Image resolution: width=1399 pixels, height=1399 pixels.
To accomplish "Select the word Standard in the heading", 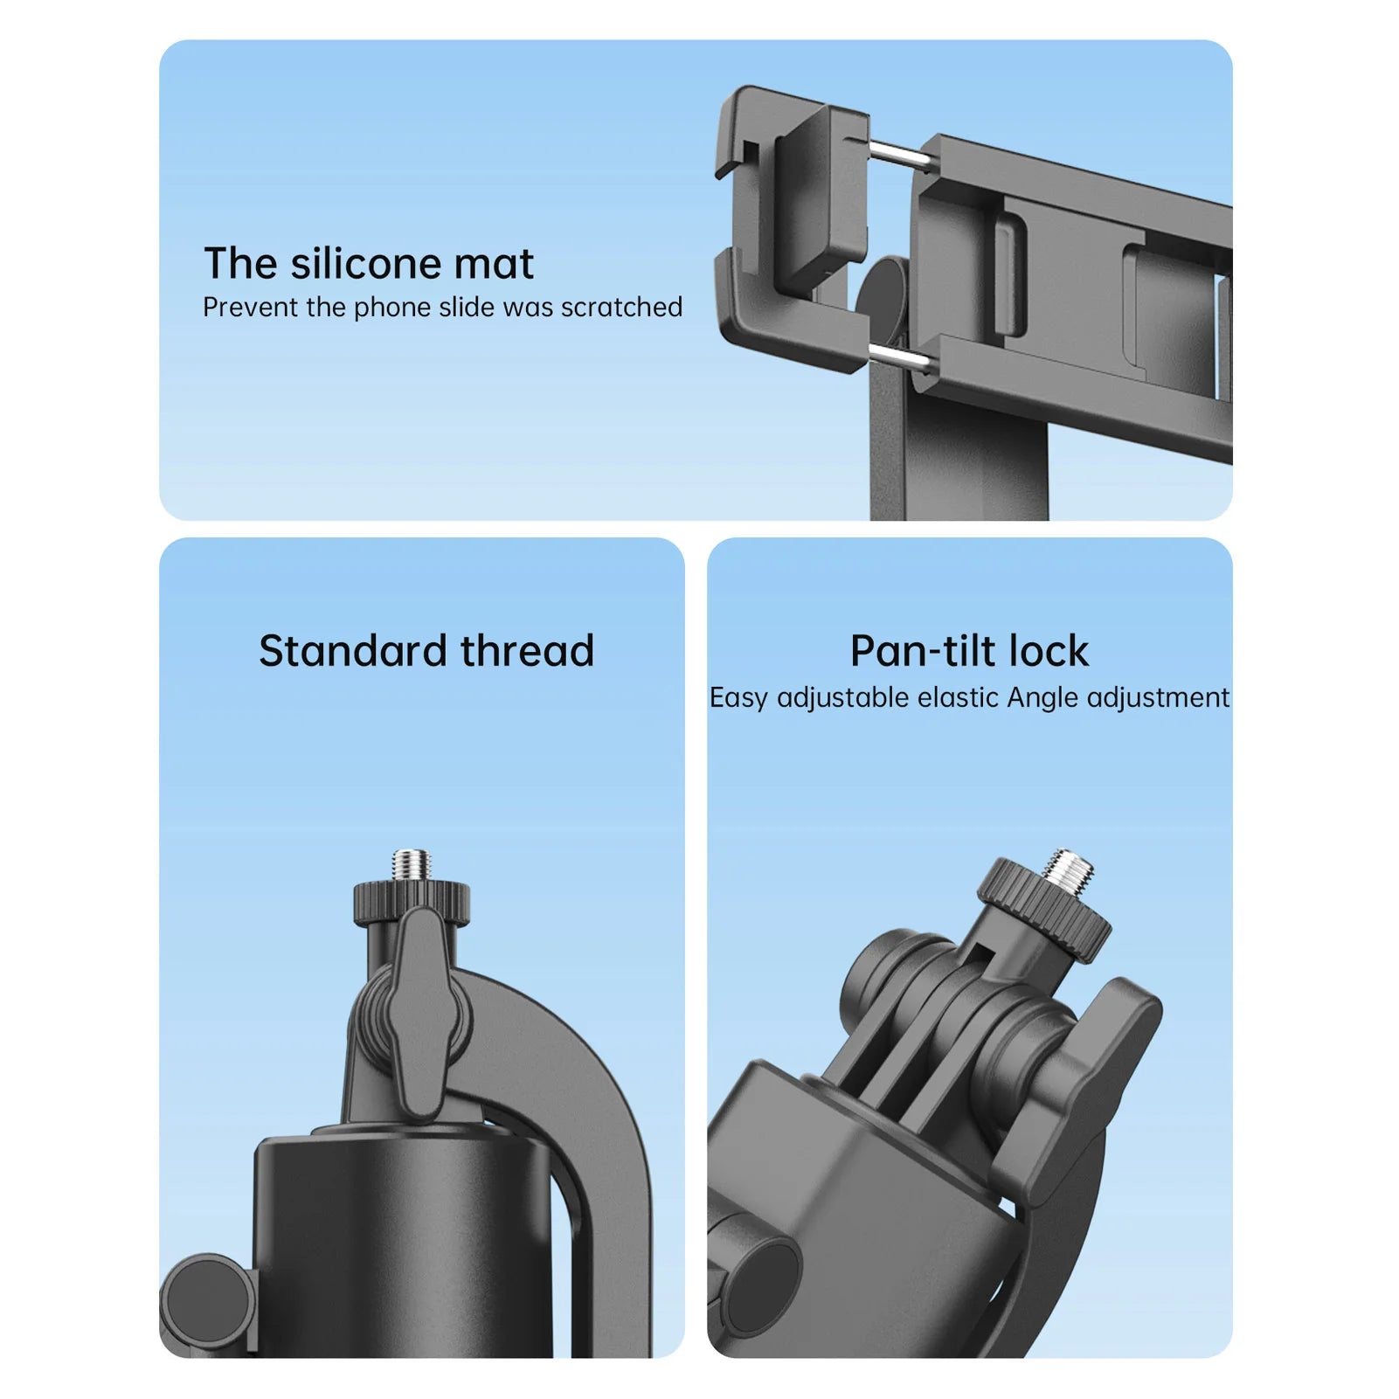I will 353,651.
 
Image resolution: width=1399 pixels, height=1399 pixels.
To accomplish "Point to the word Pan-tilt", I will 923,651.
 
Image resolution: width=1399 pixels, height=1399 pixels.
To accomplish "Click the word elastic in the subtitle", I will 958,697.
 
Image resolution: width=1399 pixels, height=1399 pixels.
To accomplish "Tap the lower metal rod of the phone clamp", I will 899,357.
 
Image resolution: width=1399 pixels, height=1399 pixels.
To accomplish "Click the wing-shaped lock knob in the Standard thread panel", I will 422,1014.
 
